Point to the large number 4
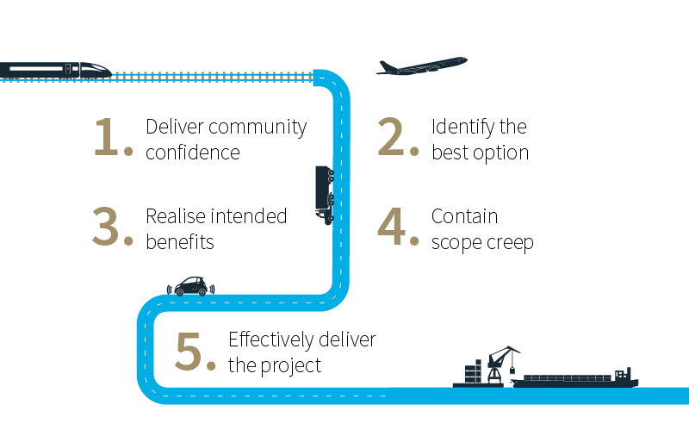coord(396,227)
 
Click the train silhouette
coord(57,69)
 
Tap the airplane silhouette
coord(421,66)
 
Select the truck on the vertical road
coord(325,195)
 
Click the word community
coord(258,128)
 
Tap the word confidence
coord(192,153)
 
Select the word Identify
coord(462,128)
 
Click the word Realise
coord(175,216)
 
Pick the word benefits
coord(179,242)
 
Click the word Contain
coord(464,216)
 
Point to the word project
coord(292,365)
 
